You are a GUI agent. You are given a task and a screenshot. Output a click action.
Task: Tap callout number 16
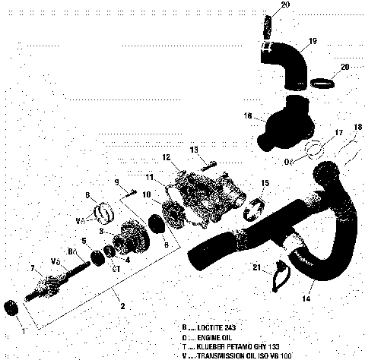[x=247, y=115]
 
